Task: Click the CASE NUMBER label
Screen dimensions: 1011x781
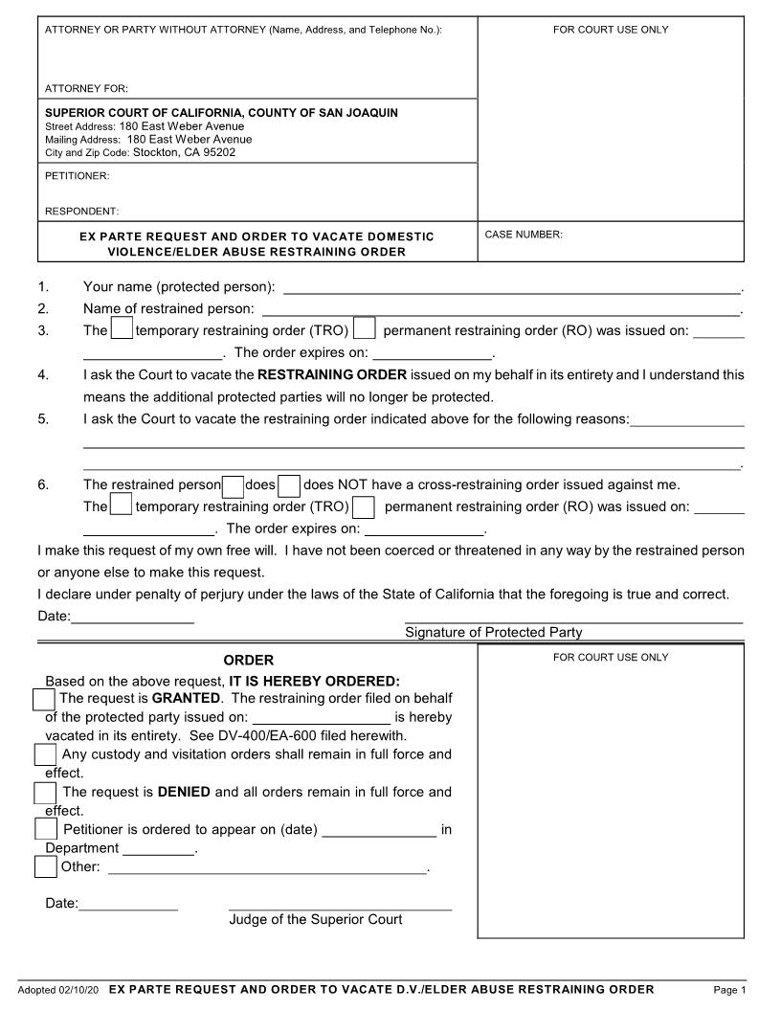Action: pos(524,235)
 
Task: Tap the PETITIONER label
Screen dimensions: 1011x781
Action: pos(78,176)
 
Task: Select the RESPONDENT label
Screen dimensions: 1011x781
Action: pos(82,211)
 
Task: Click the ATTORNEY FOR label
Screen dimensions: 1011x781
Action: pos(87,88)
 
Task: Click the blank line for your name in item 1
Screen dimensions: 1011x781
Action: pos(512,287)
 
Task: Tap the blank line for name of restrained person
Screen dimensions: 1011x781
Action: pos(501,309)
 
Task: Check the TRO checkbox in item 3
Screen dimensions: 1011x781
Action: pos(122,329)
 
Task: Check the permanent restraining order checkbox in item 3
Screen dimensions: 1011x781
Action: pos(364,329)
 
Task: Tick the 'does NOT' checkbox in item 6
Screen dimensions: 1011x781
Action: pos(289,484)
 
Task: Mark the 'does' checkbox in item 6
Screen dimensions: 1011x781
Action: pos(233,484)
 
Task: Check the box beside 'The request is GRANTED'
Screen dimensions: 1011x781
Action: pos(44,699)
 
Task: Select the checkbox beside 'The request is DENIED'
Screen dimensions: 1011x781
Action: pos(45,793)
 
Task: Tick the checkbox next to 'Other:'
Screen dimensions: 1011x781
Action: pos(45,866)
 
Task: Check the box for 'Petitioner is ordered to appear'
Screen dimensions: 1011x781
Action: pos(45,829)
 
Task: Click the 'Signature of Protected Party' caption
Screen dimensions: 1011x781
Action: pos(493,632)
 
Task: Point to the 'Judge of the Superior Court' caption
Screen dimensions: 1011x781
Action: pos(316,919)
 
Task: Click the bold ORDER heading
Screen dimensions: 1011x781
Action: pos(249,661)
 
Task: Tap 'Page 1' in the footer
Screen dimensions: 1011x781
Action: pos(729,990)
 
